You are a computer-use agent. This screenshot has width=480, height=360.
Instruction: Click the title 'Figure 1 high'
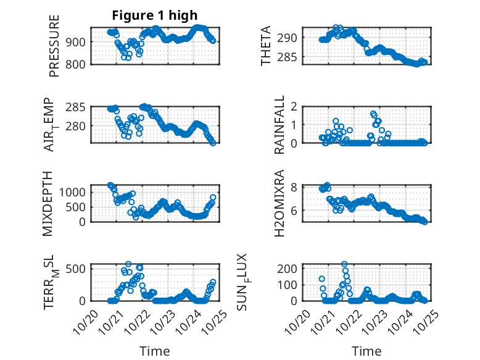coord(155,15)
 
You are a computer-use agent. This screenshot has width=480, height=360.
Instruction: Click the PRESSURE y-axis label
coord(54,50)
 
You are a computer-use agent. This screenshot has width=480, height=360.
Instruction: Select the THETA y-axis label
coord(266,46)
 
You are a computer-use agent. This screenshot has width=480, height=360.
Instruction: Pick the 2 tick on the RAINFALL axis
coord(294,107)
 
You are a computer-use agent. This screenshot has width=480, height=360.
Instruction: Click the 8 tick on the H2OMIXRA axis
coord(294,187)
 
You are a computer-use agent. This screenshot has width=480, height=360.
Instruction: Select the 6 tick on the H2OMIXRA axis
coord(294,211)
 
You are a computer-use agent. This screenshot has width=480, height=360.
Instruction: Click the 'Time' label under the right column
coord(366,351)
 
